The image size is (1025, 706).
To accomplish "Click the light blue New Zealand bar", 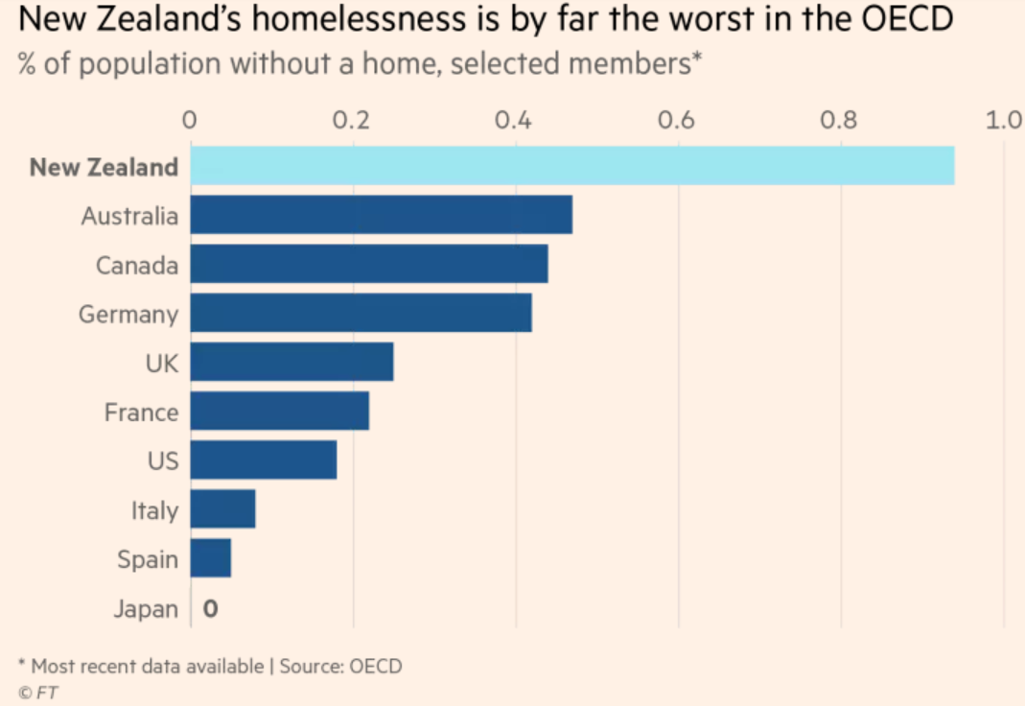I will tap(572, 166).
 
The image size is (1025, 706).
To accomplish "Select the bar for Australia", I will tap(381, 215).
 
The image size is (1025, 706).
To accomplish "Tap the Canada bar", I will tap(369, 264).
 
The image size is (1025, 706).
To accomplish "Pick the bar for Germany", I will tap(361, 314).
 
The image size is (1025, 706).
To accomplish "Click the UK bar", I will tap(291, 363).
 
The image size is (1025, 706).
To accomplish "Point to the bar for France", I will tap(279, 412).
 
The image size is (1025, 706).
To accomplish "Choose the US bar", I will tap(264, 460).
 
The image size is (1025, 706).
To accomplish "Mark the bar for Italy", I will tap(222, 509).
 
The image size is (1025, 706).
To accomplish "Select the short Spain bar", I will tap(211, 558).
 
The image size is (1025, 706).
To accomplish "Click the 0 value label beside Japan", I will tap(210, 609).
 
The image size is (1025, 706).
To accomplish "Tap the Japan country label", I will tap(146, 609).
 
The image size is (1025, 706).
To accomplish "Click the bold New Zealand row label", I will tap(104, 167).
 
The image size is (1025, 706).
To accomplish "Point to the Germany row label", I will tap(128, 314).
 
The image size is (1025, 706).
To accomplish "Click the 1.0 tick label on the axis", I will tap(1004, 120).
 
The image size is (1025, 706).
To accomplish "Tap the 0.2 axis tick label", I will tap(353, 120).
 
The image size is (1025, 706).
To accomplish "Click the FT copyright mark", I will tap(38, 691).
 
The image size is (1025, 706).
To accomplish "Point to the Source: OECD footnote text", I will tap(340, 666).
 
